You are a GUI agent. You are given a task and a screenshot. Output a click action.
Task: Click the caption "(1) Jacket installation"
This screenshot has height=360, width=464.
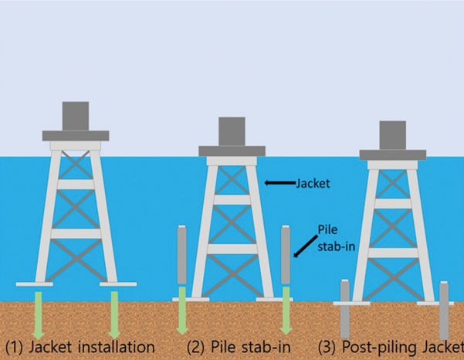tap(80, 345)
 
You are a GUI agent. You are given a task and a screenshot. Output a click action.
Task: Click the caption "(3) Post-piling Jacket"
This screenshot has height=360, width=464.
tap(391, 345)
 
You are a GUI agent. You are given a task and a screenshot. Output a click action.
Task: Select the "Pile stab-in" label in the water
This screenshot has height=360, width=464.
tap(332, 239)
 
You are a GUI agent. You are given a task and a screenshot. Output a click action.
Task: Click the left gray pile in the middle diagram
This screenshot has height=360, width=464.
tap(182, 254)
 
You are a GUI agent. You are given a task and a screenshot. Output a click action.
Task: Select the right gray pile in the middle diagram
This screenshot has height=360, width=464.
tap(285, 254)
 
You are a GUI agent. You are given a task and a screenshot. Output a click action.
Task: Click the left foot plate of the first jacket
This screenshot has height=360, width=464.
tap(35, 284)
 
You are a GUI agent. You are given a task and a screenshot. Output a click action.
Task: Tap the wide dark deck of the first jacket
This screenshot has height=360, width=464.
tap(75, 136)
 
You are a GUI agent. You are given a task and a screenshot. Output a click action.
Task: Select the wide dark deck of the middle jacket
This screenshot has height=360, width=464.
tap(232, 151)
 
